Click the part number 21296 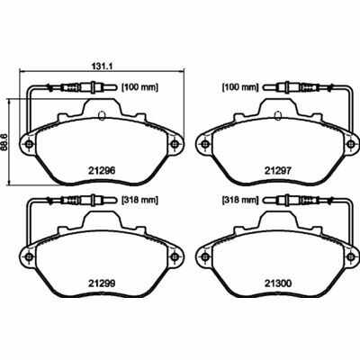102,171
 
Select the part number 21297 278,171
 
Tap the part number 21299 102,283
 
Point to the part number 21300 278,283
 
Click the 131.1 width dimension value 101,67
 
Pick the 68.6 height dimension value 4,142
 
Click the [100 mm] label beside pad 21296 139,87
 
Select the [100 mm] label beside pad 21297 240,87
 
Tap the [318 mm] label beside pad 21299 139,200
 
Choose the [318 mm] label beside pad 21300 240,200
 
